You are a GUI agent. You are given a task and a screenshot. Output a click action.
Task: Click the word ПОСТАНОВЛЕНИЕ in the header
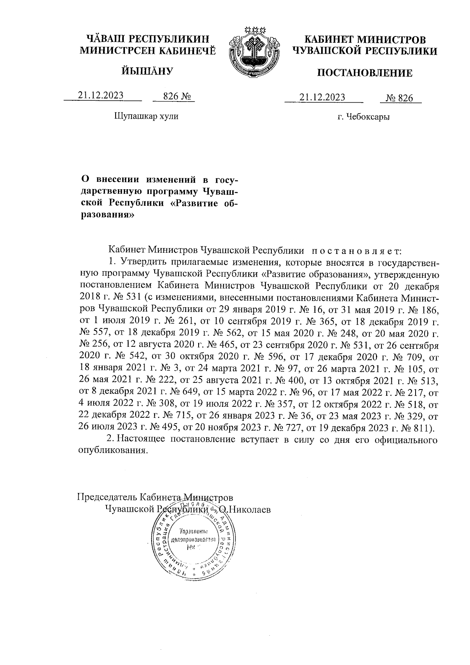tap(364, 73)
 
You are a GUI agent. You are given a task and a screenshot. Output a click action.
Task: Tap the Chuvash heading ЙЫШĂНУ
tap(147, 71)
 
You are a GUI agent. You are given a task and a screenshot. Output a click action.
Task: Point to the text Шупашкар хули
tap(146, 116)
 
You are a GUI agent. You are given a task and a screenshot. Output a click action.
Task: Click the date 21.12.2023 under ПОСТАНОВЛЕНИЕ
tap(322, 98)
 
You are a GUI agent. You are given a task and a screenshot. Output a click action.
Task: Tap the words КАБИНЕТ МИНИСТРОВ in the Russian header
tap(365, 40)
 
